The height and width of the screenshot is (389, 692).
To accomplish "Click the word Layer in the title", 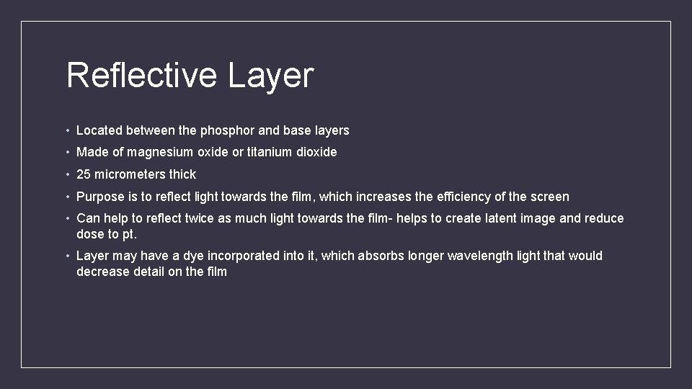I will tap(271, 76).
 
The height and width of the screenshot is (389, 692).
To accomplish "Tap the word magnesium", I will tap(162, 152).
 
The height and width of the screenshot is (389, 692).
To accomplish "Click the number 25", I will tap(84, 174).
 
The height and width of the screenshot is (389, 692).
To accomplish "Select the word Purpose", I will tap(100, 197).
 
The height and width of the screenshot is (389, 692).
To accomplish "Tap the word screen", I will tap(550, 197).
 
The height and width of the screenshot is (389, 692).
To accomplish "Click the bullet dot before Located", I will tap(67, 131).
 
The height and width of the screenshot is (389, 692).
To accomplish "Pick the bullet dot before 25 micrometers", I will tap(67, 175).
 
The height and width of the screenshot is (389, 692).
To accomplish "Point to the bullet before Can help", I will tap(67, 219).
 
